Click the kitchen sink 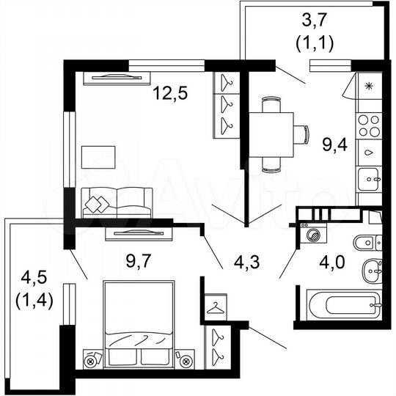[368, 177]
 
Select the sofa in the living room [117, 202]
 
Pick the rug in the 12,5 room [98, 157]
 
